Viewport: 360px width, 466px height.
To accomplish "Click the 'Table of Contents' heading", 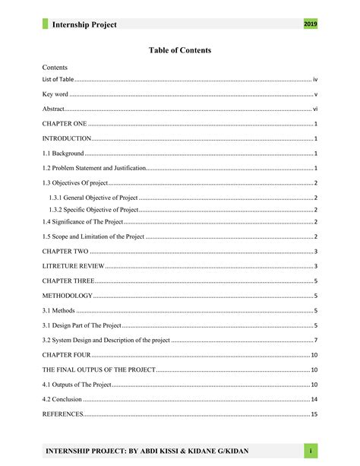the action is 180,50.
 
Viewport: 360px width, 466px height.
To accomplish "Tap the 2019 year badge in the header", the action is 310,25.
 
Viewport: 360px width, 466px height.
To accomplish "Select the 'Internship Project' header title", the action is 84,25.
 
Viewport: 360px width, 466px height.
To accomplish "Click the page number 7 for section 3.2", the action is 315,340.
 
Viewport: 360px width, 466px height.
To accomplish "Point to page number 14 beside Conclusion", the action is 314,399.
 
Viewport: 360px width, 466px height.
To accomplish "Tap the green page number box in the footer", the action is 311,452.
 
